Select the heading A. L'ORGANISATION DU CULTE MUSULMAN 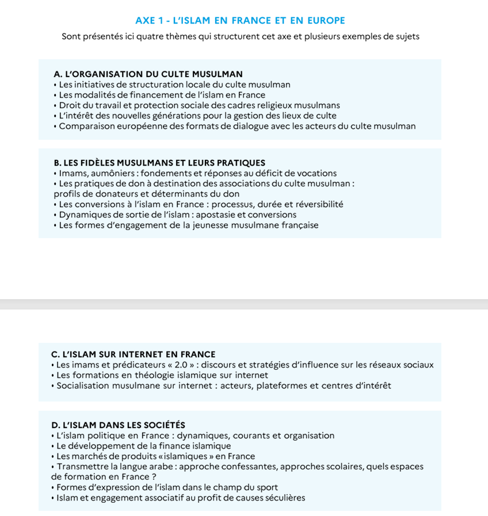(148, 74)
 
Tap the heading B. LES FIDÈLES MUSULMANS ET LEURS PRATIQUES (159, 163)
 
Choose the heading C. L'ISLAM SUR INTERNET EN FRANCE (134, 354)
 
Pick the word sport (266, 487)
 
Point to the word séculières (284, 498)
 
